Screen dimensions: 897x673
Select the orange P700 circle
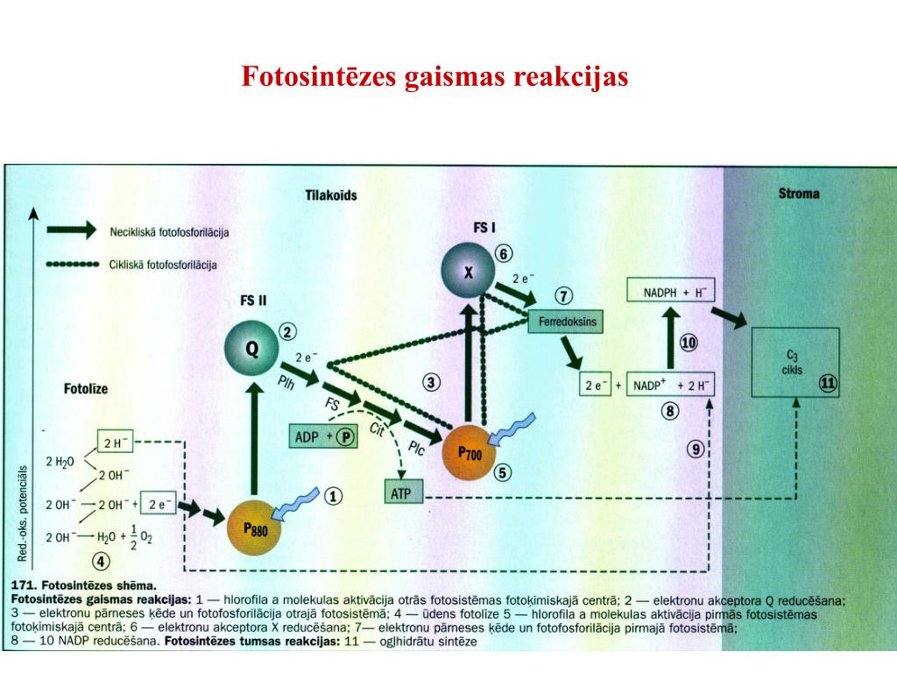tap(470, 450)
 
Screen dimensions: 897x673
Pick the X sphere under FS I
tap(469, 272)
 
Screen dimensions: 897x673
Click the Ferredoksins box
tap(567, 322)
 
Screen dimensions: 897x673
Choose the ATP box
tap(403, 492)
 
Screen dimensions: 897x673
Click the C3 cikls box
tap(795, 361)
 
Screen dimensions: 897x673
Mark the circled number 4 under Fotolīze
tap(102, 562)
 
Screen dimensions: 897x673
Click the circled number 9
tap(696, 450)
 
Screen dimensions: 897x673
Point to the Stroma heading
tap(799, 193)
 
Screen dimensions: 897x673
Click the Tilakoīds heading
tap(331, 195)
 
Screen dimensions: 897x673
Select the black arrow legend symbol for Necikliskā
tap(70, 230)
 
